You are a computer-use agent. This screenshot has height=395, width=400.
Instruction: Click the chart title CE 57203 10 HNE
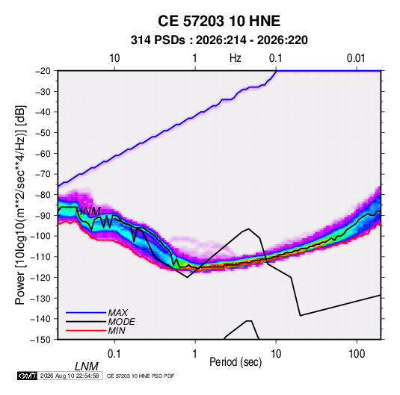[219, 21]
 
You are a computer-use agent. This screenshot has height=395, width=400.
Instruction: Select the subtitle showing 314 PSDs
[219, 40]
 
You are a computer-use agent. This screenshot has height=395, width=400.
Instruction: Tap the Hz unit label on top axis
[236, 58]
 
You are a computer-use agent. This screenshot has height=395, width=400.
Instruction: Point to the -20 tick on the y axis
[43, 71]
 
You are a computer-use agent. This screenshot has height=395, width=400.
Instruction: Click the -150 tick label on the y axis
[40, 340]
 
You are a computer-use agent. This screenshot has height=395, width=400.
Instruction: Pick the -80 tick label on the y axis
[43, 195]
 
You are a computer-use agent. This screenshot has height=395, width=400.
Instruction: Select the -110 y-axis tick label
[40, 257]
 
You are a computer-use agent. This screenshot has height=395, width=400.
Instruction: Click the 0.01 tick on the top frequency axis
[356, 58]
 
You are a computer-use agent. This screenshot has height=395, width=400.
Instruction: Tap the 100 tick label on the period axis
[356, 354]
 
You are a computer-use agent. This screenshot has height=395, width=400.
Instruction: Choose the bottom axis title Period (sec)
[236, 362]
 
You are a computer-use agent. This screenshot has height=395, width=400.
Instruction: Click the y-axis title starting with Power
[20, 205]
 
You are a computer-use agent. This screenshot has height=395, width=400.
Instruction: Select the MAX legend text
[118, 313]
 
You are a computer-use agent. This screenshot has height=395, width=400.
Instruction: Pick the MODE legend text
[121, 322]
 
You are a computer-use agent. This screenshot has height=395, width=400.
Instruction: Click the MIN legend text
[117, 331]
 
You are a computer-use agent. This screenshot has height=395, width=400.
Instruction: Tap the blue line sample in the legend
[86, 312]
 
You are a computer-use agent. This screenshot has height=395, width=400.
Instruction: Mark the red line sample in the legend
[86, 331]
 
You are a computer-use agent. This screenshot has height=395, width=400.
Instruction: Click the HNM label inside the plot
[89, 211]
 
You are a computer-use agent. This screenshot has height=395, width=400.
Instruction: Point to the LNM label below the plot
[87, 367]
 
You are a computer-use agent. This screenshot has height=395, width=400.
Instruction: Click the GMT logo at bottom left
[28, 376]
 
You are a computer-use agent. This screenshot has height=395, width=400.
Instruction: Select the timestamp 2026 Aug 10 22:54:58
[70, 376]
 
